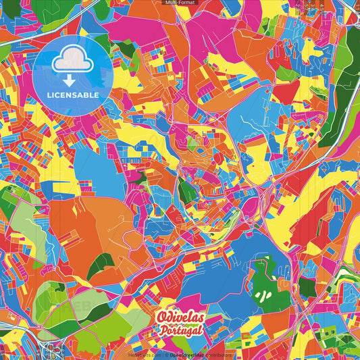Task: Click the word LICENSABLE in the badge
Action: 73,95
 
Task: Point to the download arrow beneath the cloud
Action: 73,80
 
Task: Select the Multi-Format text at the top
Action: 180,3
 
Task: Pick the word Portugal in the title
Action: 180,330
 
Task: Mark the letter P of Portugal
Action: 163,330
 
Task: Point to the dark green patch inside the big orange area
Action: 101,265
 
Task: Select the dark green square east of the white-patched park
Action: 307,287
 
